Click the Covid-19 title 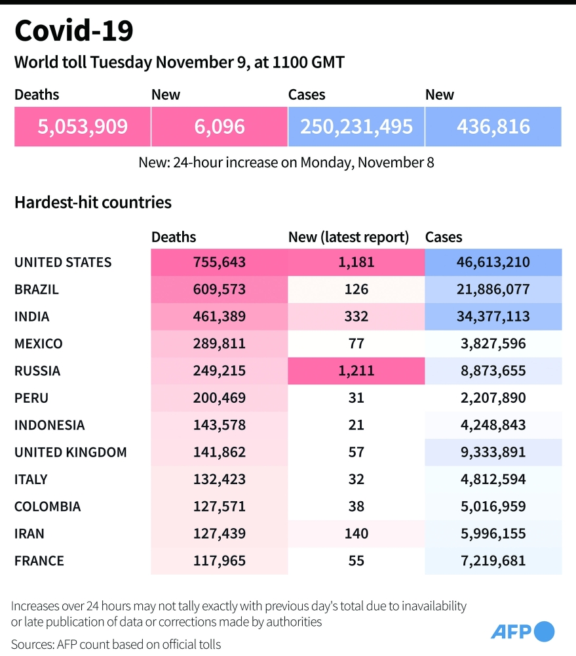73,31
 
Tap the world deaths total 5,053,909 83,126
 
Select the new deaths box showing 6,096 219,126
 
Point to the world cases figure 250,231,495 356,126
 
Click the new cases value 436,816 493,126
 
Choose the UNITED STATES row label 63,262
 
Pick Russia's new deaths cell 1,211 356,371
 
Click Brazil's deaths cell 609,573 219,289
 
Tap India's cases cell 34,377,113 493,316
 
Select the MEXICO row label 39,344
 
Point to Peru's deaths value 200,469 219,398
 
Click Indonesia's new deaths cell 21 356,425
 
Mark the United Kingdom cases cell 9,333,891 493,452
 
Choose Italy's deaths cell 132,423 219,480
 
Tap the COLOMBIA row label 48,506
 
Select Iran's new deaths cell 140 356,534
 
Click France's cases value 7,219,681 493,561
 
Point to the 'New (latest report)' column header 349,237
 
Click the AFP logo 522,631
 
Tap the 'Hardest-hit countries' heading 93,202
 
